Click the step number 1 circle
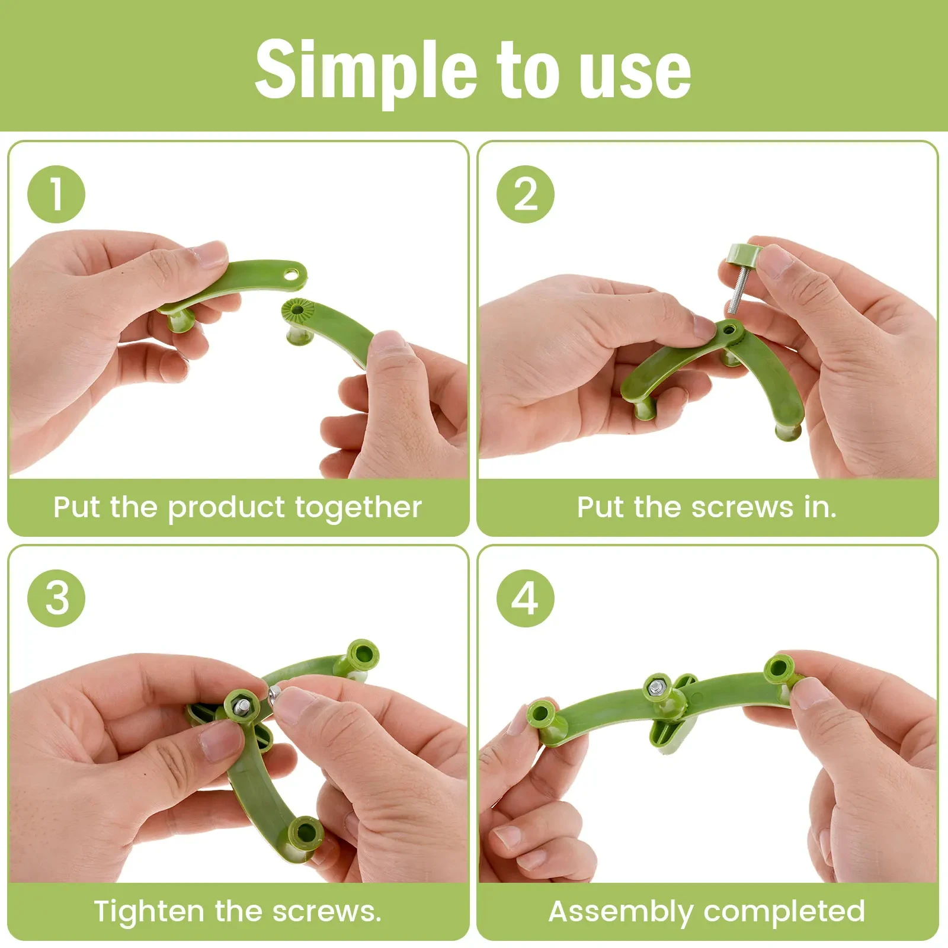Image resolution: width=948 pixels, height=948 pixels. (x=56, y=194)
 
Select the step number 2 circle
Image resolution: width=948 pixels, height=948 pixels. (x=525, y=194)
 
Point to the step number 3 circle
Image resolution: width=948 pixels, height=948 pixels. (x=56, y=598)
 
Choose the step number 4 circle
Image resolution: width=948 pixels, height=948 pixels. (x=525, y=598)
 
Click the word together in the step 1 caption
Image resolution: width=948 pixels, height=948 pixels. (x=358, y=508)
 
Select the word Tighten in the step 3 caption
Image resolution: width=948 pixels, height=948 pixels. (x=149, y=911)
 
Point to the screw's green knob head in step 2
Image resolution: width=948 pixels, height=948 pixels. (x=740, y=255)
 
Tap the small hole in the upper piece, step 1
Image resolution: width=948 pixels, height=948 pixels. (x=292, y=274)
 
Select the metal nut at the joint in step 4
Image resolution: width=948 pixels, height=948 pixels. (x=656, y=687)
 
